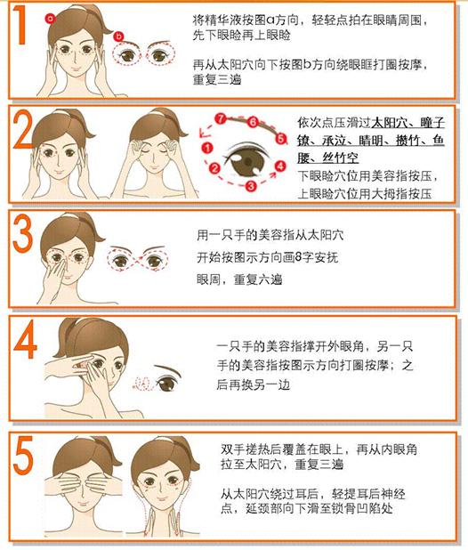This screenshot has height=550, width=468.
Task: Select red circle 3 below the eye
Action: coord(251,185)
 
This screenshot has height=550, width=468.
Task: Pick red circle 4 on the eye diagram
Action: coord(279,166)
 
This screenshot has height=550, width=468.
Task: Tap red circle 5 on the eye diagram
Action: coord(280,139)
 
